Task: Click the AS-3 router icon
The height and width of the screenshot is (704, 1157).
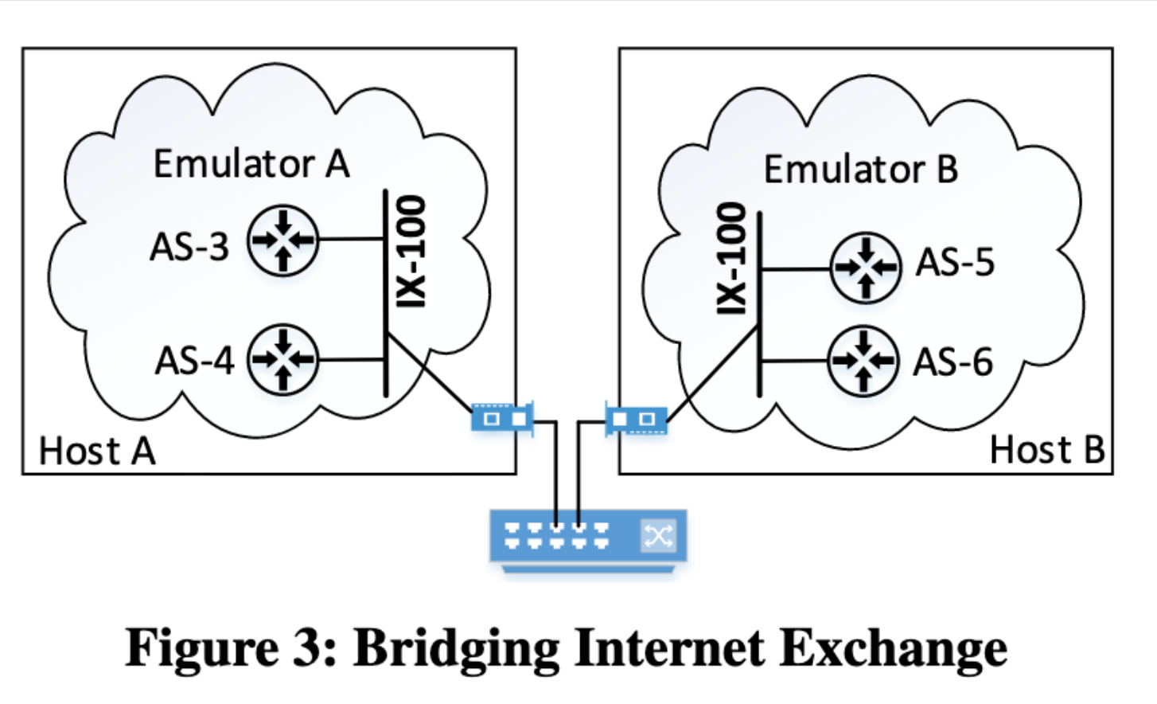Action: point(282,240)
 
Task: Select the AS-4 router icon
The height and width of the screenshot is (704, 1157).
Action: point(282,360)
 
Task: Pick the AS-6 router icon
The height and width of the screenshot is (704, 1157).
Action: point(863,361)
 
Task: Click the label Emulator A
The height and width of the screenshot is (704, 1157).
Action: point(251,164)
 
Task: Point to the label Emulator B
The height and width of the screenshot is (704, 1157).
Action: point(860,170)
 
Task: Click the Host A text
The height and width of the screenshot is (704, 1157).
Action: point(96,451)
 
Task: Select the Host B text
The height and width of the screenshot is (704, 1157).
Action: point(1046,450)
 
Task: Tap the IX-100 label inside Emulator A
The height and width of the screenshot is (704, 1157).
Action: point(411,251)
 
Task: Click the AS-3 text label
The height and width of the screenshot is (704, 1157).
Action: point(189,247)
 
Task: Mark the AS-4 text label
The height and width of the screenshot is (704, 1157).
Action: point(194,361)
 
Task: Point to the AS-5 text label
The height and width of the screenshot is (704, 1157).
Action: point(955,263)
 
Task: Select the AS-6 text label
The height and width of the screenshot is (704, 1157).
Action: point(952,362)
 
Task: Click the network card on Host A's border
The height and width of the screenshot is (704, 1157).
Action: point(502,417)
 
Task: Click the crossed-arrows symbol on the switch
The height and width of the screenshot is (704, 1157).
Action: point(658,535)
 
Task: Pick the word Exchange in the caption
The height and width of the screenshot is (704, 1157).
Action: point(893,648)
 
